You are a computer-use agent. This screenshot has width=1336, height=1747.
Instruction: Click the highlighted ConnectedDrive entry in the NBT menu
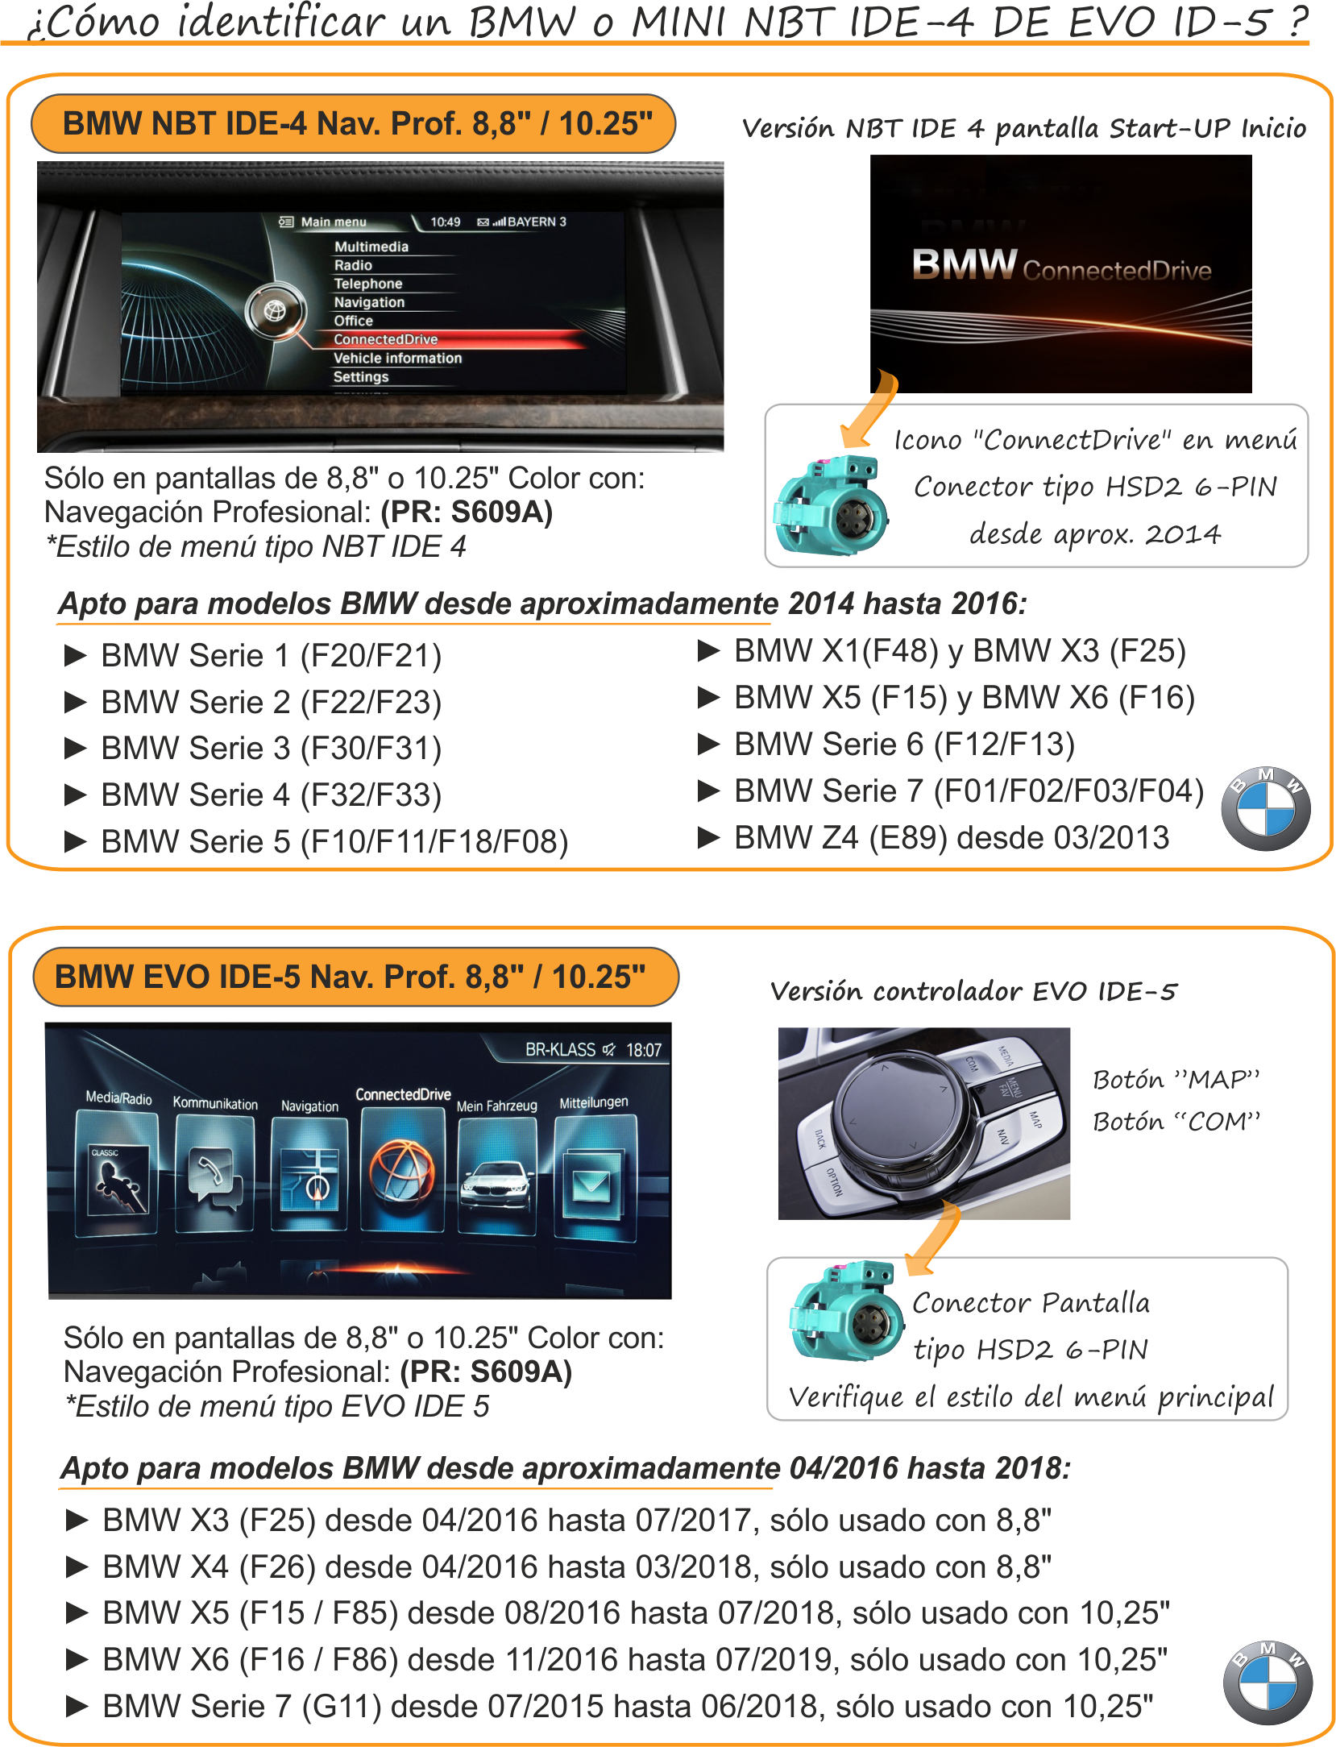click(385, 339)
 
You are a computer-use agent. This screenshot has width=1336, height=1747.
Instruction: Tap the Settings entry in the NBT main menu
click(361, 377)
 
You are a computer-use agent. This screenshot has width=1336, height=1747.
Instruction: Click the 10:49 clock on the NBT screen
click(445, 222)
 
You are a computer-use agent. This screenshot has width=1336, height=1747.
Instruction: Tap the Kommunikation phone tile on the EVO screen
click(214, 1173)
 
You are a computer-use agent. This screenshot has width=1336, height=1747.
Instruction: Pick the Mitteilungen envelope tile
click(594, 1176)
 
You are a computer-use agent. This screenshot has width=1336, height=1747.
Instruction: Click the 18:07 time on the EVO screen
click(643, 1050)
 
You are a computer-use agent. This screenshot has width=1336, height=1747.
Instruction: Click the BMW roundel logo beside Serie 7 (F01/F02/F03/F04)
click(1265, 808)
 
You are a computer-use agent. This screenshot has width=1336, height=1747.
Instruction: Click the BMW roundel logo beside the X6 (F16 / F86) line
click(1267, 1683)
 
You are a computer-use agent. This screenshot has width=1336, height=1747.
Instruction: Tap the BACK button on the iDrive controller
click(820, 1139)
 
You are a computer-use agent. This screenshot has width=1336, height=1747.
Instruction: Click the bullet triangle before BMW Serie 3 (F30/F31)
click(75, 749)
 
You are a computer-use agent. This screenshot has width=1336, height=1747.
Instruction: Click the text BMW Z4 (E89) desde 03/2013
click(951, 838)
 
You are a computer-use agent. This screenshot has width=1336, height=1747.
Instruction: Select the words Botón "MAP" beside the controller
click(1175, 1079)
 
